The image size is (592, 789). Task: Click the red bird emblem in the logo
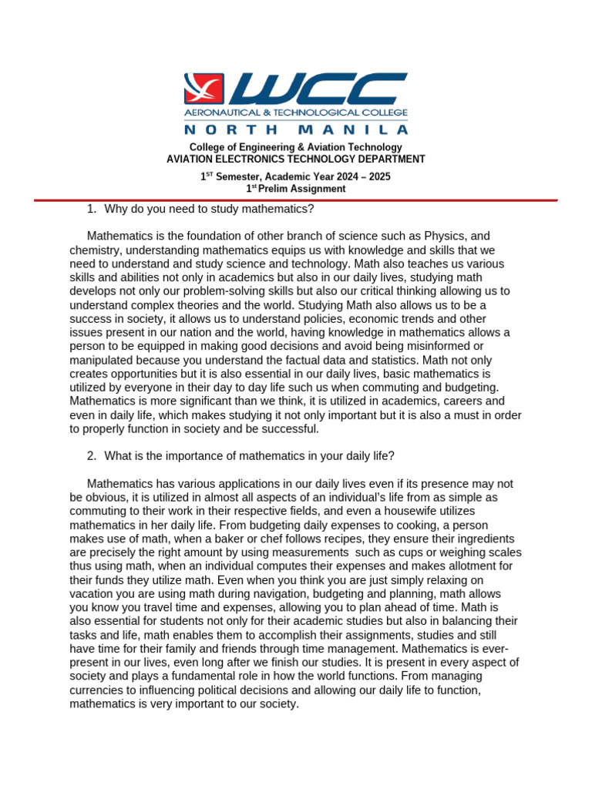pyautogui.click(x=203, y=89)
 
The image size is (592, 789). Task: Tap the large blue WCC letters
pyautogui.click(x=316, y=89)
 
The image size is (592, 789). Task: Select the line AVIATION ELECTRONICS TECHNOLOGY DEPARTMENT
pyautogui.click(x=296, y=159)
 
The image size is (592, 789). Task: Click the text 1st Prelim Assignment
pyautogui.click(x=296, y=189)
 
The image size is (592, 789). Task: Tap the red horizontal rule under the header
pyautogui.click(x=296, y=200)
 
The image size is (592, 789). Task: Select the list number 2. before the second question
pyautogui.click(x=91, y=456)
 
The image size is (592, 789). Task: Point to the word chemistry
pyautogui.click(x=95, y=250)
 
